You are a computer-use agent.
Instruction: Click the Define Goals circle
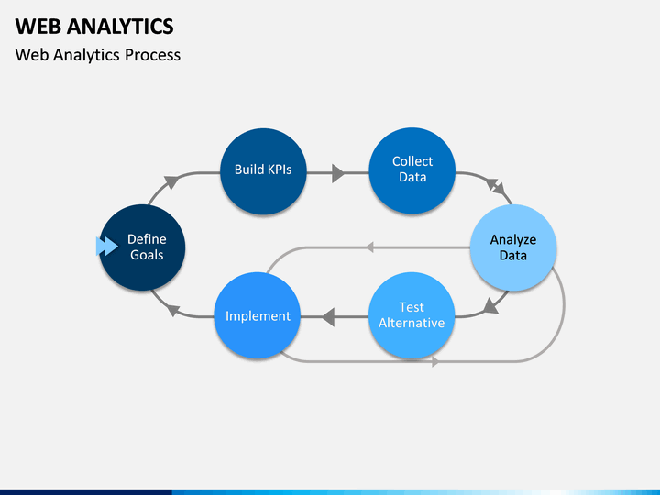tap(142, 247)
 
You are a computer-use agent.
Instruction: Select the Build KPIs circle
tap(263, 171)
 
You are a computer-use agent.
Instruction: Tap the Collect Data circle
tap(412, 170)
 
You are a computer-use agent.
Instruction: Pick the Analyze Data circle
tap(513, 247)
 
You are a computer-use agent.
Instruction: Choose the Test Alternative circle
tap(412, 315)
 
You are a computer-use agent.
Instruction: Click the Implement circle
tap(258, 315)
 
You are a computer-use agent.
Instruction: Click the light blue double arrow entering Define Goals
tap(107, 247)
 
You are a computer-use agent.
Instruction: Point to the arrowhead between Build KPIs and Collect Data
tap(338, 173)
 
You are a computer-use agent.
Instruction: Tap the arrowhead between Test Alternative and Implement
tap(328, 316)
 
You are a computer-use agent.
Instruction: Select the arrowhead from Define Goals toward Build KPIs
tap(171, 181)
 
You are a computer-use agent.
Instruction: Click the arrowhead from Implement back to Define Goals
tap(172, 310)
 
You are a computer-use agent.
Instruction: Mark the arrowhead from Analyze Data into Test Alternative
tap(490, 306)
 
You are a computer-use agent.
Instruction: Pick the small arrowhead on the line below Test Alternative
tap(435, 361)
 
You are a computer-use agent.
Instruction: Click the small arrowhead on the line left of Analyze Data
tap(369, 247)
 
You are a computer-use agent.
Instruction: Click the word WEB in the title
tap(38, 27)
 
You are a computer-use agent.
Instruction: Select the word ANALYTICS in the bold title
tap(120, 27)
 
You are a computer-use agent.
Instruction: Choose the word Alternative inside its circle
tap(412, 323)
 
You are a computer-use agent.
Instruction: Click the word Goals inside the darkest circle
tap(147, 255)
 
